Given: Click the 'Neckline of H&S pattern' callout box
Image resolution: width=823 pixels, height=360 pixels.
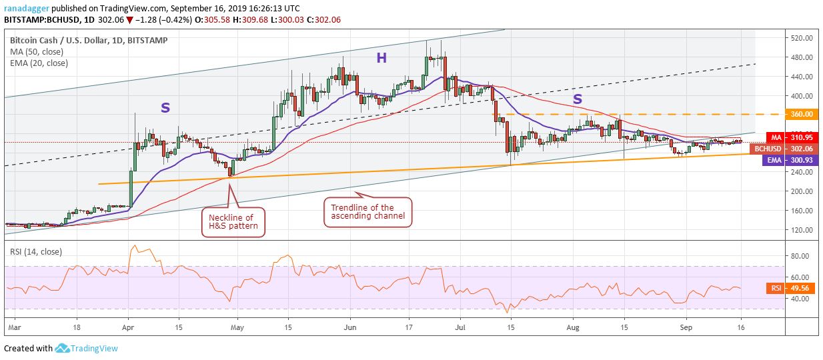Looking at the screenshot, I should [x=231, y=222].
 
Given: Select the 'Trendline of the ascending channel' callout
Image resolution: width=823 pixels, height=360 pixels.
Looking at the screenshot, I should [x=367, y=212].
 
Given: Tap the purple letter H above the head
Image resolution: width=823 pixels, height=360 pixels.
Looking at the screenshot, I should [x=381, y=58].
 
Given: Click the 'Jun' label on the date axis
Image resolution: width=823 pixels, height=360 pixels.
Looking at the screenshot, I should [x=350, y=328].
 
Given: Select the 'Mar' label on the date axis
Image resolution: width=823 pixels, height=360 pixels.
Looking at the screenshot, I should [x=15, y=328].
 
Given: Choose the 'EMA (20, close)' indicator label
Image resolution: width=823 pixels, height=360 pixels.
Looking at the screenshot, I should [x=39, y=63].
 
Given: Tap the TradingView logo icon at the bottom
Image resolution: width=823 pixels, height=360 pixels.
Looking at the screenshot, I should [x=63, y=348].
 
